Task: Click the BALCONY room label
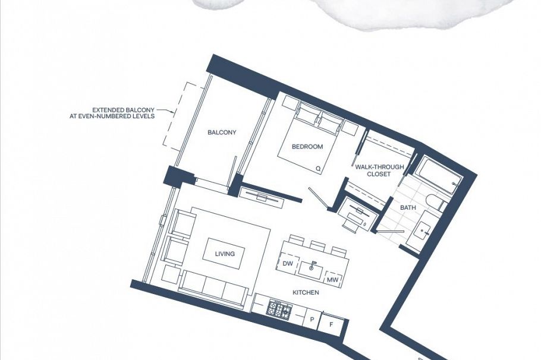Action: coord(222,132)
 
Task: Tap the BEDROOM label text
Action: coord(307,147)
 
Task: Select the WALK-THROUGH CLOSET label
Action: coord(379,170)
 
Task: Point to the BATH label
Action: coord(408,208)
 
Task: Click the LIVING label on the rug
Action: coord(225,254)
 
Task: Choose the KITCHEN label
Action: coord(306,292)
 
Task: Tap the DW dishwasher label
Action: coord(288,263)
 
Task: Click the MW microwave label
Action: coord(333,280)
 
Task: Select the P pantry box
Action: coord(312,320)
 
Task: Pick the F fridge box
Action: coord(332,325)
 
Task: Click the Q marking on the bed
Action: coord(318,168)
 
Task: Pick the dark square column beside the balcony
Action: coord(179,176)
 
